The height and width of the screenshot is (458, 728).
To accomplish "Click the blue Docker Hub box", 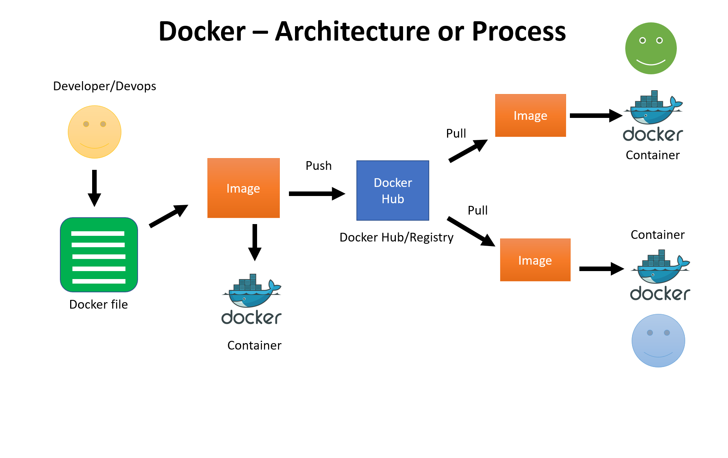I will click(x=392, y=190).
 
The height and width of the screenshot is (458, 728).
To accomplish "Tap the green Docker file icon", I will click(x=99, y=255).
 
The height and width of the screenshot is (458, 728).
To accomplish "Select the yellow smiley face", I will click(x=94, y=132).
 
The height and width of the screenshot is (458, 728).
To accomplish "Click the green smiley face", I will click(x=651, y=48).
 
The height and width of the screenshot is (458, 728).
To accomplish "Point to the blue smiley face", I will click(x=658, y=340).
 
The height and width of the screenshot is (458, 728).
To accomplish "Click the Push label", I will click(x=318, y=166).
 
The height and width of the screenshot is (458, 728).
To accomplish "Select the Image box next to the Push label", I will click(x=243, y=188).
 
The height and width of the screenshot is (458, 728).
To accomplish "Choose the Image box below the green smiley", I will click(x=530, y=115).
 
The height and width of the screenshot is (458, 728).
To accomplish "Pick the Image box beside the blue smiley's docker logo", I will click(x=535, y=260).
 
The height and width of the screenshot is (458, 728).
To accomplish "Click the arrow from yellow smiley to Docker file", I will click(x=94, y=188).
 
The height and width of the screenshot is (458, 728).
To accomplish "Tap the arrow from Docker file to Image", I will click(x=168, y=216).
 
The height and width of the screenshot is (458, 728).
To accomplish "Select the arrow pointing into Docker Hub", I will click(x=317, y=194).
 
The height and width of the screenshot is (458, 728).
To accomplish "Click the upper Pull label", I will click(x=456, y=133).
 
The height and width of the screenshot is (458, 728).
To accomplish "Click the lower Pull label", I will click(x=477, y=210).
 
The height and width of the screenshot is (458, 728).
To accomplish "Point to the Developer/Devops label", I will click(x=104, y=86).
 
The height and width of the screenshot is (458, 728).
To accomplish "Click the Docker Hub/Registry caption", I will click(x=396, y=237).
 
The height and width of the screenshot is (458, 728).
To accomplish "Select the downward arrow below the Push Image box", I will click(x=255, y=242).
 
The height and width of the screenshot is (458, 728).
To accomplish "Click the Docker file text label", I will click(x=98, y=304).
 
